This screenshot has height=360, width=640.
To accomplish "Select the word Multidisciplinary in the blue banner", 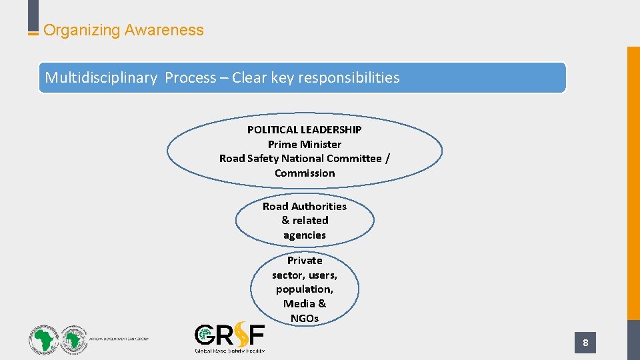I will (101, 78).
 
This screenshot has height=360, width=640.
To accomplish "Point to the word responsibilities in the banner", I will (349, 78).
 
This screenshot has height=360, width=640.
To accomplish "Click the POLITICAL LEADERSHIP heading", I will (305, 129).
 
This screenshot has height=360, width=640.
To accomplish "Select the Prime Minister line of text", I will (305, 144).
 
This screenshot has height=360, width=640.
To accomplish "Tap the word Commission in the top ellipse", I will (305, 173).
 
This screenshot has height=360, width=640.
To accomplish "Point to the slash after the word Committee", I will (388, 159).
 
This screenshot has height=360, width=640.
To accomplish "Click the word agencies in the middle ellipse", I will (305, 235).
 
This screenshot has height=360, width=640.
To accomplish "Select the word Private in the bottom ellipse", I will (305, 261).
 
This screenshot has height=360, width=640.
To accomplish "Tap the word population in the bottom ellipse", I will (304, 289).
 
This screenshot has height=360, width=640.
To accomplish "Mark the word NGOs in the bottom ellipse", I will (305, 318).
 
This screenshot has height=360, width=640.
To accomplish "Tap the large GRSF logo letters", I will (229, 335).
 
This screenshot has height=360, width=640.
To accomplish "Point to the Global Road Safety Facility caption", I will (229, 350).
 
